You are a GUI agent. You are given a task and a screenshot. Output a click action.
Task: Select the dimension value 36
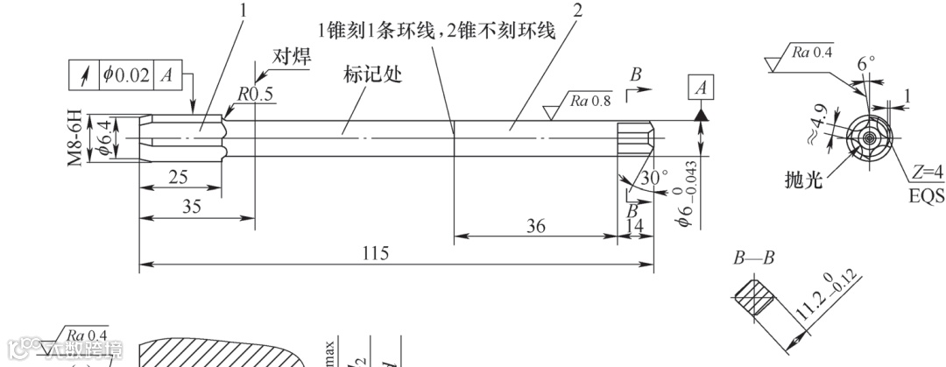[536, 227]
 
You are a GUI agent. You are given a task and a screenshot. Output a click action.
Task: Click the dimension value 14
[636, 227]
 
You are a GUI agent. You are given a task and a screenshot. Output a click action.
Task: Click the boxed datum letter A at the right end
[701, 88]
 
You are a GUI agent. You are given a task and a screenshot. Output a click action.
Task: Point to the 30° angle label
[654, 177]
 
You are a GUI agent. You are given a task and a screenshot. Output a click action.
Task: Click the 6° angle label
[865, 64]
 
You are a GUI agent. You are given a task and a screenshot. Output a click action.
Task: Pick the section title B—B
[752, 259]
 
